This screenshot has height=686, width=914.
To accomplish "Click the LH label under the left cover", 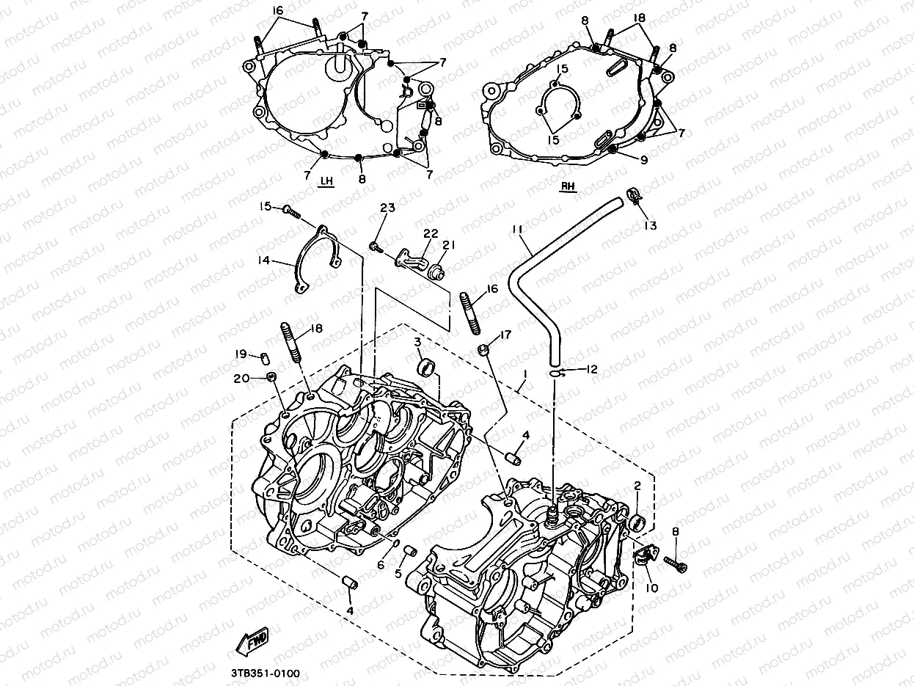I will tap(326, 181).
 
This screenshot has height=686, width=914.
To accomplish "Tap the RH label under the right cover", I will tap(568, 186).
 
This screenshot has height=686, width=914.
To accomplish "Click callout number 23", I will tap(387, 208).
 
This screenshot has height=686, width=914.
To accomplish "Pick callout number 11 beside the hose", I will tap(518, 230).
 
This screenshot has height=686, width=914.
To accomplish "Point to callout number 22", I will tap(431, 233).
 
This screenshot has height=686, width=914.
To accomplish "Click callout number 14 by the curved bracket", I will tap(263, 260).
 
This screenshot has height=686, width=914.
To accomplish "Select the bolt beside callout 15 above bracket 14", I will tap(291, 211).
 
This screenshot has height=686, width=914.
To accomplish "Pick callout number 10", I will tap(651, 588).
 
